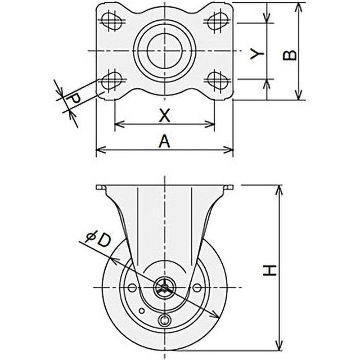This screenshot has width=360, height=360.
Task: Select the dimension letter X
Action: click(165, 116)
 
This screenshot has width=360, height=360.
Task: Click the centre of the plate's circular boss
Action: click(165, 50)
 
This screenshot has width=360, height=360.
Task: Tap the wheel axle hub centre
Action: click(165, 287)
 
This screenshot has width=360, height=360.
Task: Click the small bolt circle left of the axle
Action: click(132, 287)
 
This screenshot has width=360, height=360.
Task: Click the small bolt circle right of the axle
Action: click(197, 287)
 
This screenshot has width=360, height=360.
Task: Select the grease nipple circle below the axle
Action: click(165, 320)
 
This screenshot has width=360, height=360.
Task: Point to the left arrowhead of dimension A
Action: click(99, 149)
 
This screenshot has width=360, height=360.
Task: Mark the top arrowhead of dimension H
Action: click(279, 187)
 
